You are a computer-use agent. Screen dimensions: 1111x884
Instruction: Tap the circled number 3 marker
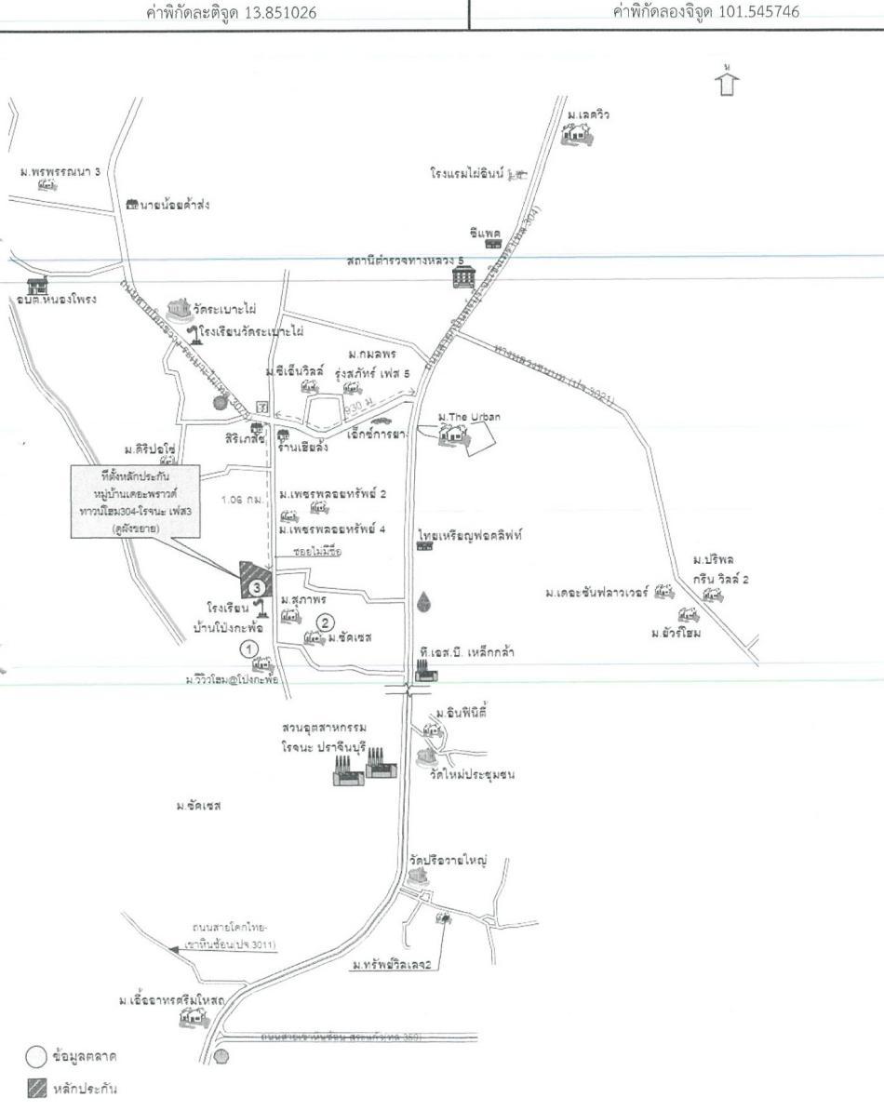pyautogui.click(x=255, y=586)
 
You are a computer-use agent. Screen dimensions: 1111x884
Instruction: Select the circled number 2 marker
pyautogui.click(x=325, y=622)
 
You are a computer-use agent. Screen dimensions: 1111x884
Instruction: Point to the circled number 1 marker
pyautogui.click(x=248, y=648)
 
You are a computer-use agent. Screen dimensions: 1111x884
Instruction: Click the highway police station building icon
pyautogui.click(x=462, y=276)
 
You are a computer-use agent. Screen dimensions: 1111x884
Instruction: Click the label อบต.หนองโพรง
pyautogui.click(x=56, y=300)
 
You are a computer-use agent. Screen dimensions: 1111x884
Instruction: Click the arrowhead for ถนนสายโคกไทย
pyautogui.click(x=174, y=946)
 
